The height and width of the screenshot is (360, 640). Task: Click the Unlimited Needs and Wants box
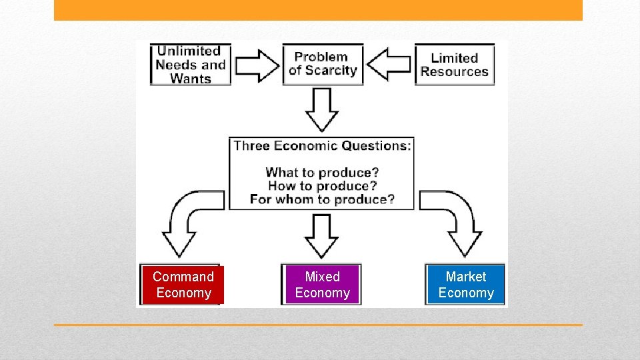pyautogui.click(x=190, y=65)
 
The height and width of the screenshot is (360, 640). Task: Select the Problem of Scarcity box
pyautogui.click(x=323, y=64)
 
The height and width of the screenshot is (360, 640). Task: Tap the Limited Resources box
pyautogui.click(x=455, y=65)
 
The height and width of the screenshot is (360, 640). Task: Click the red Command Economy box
pyautogui.click(x=183, y=285)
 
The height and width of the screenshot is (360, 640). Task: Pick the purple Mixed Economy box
pyautogui.click(x=322, y=285)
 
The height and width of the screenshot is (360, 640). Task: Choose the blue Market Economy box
pyautogui.click(x=466, y=285)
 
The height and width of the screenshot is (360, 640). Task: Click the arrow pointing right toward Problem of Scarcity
pyautogui.click(x=257, y=65)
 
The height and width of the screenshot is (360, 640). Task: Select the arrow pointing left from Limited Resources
pyautogui.click(x=389, y=65)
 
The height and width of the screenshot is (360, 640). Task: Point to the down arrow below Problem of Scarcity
pyautogui.click(x=322, y=110)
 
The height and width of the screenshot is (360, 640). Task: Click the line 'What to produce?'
pyautogui.click(x=322, y=173)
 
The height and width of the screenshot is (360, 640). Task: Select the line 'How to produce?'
pyautogui.click(x=322, y=186)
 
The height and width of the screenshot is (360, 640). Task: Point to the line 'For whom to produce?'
pyautogui.click(x=322, y=199)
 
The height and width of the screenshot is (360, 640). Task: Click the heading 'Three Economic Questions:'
pyautogui.click(x=322, y=146)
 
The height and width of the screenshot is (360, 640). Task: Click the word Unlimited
pyautogui.click(x=189, y=51)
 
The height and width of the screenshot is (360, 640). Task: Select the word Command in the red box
pyautogui.click(x=183, y=277)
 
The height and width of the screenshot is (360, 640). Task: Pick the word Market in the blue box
pyautogui.click(x=466, y=277)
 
